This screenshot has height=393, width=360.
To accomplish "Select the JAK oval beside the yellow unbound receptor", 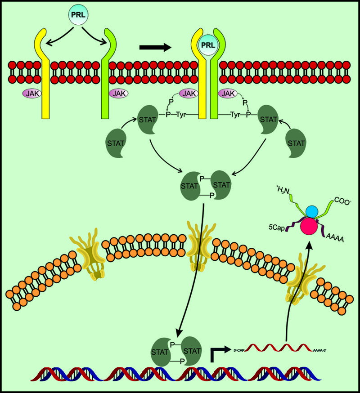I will pyautogui.click(x=31, y=94).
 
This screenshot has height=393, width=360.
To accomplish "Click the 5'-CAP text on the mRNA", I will pyautogui.click(x=240, y=349).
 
